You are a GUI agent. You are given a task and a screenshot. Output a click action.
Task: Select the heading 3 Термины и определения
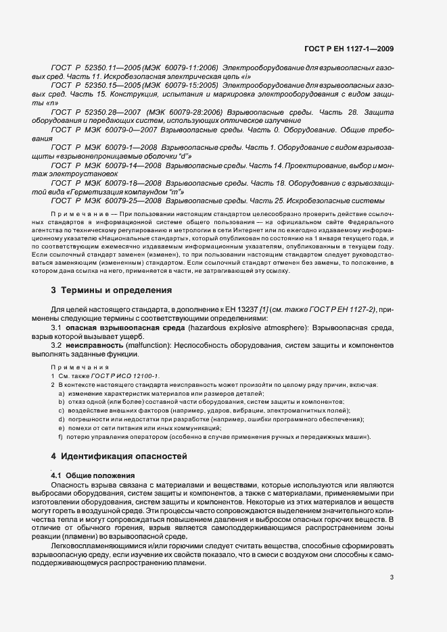[112, 290]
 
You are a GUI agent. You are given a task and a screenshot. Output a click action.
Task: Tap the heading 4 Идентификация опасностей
[120, 456]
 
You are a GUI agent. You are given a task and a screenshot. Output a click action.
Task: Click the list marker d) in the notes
[61, 419]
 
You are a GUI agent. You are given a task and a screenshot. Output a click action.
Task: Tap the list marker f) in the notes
[61, 437]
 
